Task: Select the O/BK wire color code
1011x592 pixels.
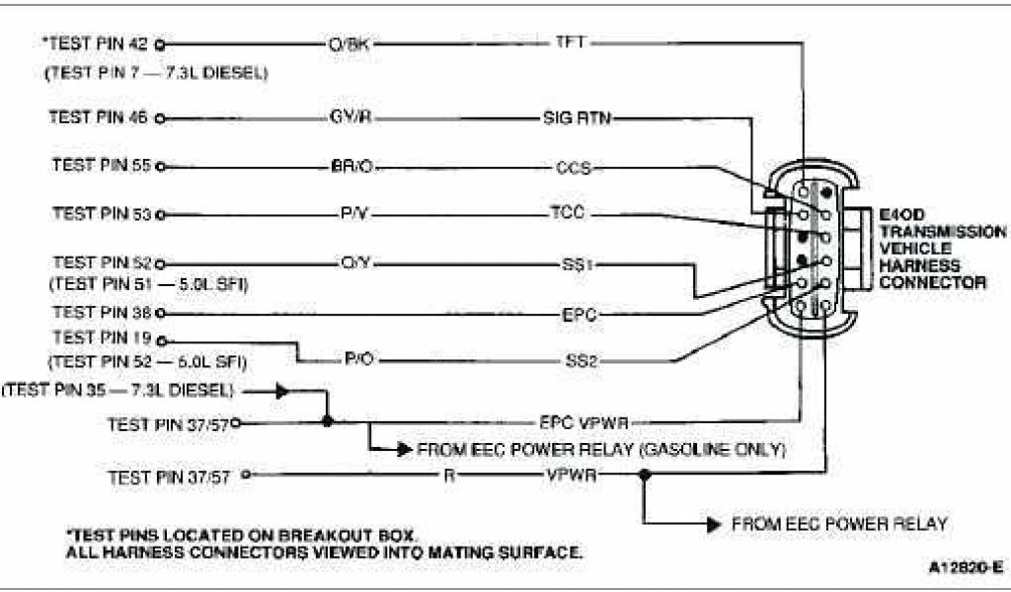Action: tap(350, 44)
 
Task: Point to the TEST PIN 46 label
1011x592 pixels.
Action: tap(99, 116)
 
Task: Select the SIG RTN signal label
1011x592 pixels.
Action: tap(578, 118)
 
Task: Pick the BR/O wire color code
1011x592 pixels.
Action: tap(352, 166)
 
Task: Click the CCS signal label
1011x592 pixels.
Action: tap(574, 168)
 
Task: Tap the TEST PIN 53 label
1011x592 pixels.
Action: tap(101, 212)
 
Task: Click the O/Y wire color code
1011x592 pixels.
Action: tap(352, 262)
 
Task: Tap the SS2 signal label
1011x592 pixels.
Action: tap(580, 361)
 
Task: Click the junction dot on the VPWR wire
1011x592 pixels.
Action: tap(644, 475)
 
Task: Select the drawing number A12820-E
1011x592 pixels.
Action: tap(965, 568)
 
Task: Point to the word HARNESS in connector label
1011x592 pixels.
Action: tap(919, 265)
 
